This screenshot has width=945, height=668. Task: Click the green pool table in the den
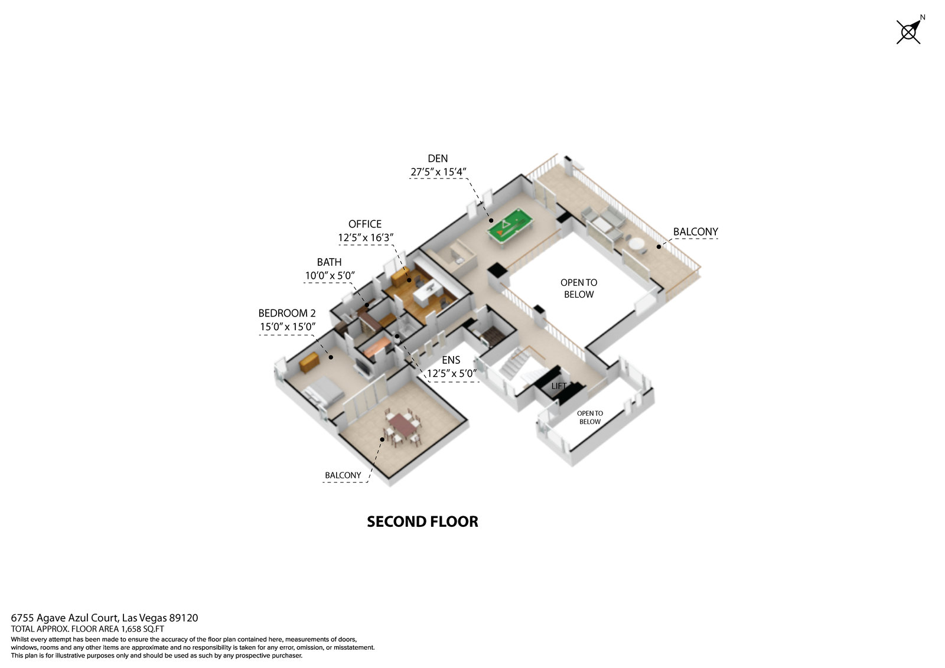(x=510, y=227)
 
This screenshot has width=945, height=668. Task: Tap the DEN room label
(x=438, y=159)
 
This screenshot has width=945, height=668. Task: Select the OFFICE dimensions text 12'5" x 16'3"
(x=366, y=237)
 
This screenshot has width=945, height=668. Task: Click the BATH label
(x=329, y=262)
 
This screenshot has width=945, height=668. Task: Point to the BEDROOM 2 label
(x=287, y=313)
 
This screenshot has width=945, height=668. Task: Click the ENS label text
(x=451, y=360)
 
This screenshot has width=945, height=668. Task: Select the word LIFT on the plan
(x=559, y=386)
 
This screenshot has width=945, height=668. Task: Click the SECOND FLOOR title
(x=422, y=522)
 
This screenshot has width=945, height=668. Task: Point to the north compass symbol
(x=910, y=30)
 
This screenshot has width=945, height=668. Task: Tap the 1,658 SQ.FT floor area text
(x=142, y=629)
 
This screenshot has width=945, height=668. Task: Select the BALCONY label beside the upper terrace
(x=695, y=232)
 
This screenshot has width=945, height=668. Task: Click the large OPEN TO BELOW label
(x=579, y=288)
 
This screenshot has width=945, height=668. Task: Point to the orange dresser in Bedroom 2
(x=309, y=361)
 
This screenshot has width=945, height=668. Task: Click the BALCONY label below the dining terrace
(x=343, y=475)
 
